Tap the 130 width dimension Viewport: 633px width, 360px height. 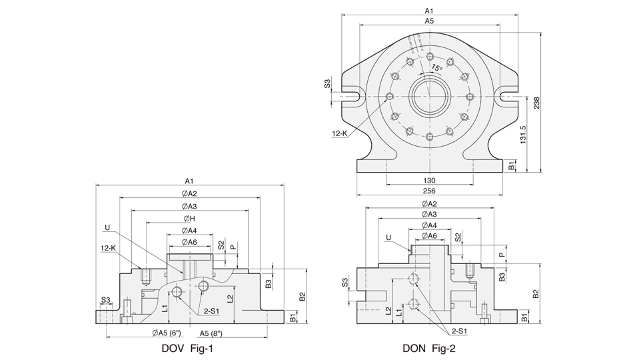click(430, 181)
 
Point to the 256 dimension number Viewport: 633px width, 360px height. click(430, 190)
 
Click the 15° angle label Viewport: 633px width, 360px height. click(436, 67)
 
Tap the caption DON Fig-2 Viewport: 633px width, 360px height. click(429, 347)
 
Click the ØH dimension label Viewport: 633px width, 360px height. click(189, 218)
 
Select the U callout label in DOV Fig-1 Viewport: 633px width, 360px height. click(107, 227)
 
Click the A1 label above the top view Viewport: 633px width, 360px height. click(430, 11)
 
